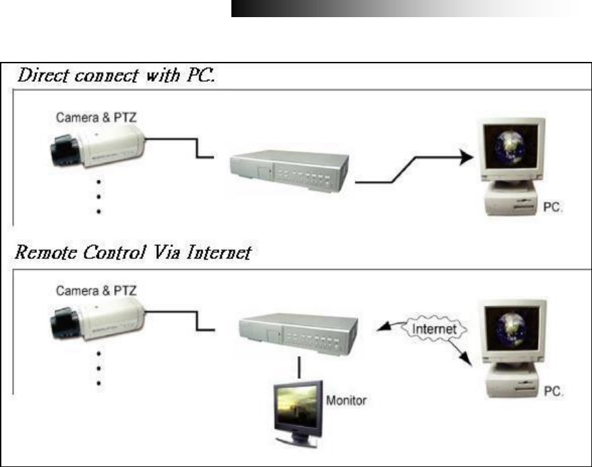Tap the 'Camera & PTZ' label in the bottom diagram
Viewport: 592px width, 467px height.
[96, 292]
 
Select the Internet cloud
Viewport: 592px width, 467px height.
[432, 327]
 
